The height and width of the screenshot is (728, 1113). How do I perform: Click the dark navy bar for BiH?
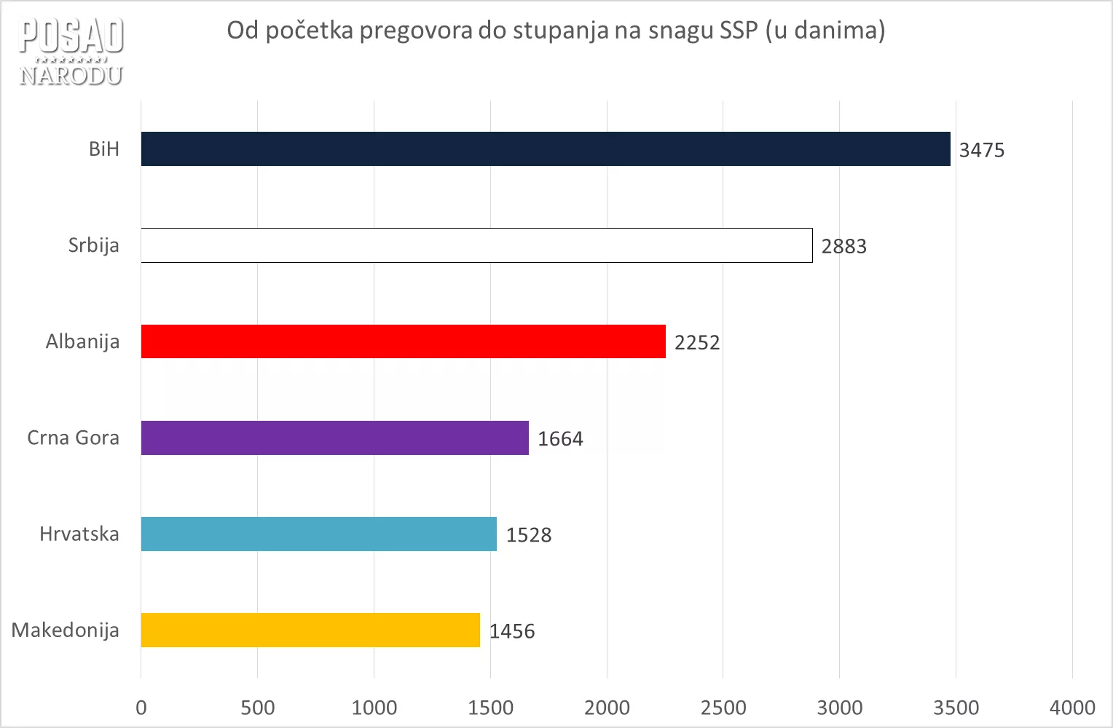[x=546, y=149]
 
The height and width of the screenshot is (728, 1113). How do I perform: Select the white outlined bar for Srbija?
[x=476, y=245]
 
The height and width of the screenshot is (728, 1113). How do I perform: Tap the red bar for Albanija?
[x=403, y=341]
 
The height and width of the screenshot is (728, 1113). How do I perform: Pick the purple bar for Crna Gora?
[x=334, y=438]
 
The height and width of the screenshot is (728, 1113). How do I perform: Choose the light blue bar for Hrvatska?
[x=318, y=534]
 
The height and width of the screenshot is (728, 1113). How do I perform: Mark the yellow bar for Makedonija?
[x=310, y=630]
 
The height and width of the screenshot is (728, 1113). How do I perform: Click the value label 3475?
[x=981, y=150]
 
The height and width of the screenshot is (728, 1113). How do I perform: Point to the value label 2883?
[x=843, y=246]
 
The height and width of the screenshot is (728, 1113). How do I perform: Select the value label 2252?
[x=696, y=342]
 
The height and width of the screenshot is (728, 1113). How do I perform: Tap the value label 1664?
[x=560, y=439]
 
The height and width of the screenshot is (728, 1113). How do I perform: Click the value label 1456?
[x=511, y=631]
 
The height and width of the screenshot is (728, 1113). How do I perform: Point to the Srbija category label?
[x=93, y=245]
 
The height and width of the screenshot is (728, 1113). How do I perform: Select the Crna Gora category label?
[x=73, y=438]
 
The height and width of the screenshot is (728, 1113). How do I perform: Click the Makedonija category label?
[x=65, y=630]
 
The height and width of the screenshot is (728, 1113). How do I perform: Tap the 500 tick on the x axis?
[x=257, y=707]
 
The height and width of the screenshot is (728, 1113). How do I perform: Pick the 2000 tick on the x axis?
[x=607, y=707]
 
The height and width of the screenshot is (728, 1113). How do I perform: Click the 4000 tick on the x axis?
[x=1072, y=707]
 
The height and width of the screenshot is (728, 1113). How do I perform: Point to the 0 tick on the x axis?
[x=141, y=707]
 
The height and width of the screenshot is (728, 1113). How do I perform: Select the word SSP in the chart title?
[x=739, y=30]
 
